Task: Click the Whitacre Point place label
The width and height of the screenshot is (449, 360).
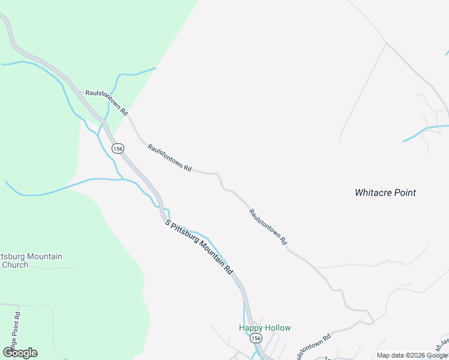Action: (385, 193)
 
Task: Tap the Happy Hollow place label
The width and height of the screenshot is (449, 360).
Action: (265, 328)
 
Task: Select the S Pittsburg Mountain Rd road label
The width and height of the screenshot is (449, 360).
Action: (199, 247)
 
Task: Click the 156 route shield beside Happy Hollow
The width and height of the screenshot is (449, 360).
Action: (256, 338)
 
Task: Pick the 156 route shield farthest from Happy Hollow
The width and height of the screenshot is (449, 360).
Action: (118, 148)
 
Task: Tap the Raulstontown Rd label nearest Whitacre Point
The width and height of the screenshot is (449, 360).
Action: (268, 227)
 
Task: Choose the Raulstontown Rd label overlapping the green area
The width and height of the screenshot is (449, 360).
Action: (107, 102)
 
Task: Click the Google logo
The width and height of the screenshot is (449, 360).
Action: (20, 353)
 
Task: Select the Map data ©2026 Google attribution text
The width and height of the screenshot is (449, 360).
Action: (412, 355)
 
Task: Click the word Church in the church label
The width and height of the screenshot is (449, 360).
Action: (15, 265)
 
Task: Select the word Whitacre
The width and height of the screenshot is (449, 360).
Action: (372, 193)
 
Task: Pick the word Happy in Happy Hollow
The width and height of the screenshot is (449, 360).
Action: (250, 328)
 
